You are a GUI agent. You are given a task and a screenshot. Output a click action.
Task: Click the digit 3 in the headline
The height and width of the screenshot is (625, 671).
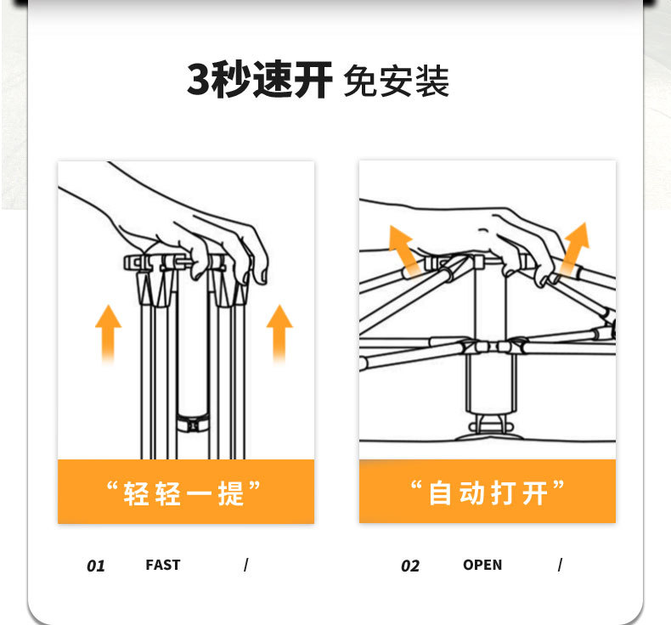tap(199, 79)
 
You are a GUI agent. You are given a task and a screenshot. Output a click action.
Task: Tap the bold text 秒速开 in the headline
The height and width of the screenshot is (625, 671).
tap(272, 80)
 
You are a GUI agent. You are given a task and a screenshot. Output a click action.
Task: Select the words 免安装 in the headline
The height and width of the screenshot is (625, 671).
tap(397, 81)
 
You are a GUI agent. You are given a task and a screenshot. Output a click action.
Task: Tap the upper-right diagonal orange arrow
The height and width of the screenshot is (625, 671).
tap(575, 249)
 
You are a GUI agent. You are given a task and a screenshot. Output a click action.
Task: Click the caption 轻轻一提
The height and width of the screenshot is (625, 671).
tap(183, 493)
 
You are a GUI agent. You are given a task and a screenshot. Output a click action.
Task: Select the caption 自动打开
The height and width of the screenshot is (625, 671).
tap(488, 493)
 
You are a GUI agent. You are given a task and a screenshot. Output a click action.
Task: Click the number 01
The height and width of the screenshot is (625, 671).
tap(96, 566)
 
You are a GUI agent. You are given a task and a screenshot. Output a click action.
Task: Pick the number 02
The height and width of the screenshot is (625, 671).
tap(410, 566)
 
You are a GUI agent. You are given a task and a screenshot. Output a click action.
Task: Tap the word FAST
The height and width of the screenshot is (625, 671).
tap(163, 565)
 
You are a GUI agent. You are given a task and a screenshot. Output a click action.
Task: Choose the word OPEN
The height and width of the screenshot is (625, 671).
tap(482, 565)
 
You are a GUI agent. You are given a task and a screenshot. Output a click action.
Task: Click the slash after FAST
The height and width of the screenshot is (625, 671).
tap(246, 565)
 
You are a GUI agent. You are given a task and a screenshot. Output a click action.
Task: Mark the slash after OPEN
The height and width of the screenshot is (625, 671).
tap(561, 565)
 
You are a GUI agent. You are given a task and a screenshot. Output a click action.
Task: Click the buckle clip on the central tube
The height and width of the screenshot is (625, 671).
tap(193, 424)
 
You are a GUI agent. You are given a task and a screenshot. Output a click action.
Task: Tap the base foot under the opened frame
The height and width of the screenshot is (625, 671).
tap(491, 430)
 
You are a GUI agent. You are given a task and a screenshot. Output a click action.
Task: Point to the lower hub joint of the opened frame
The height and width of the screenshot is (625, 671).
tap(490, 346)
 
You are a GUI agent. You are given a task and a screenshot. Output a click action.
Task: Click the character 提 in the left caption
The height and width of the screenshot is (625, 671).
tap(231, 493)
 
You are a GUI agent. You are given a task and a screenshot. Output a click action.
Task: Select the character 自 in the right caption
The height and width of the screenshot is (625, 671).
tap(440, 493)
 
